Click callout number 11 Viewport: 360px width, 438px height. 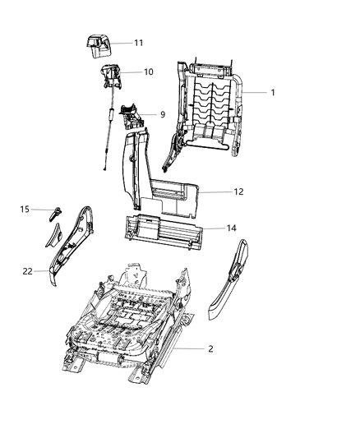click(138, 42)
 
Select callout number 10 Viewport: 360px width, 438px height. click(148, 72)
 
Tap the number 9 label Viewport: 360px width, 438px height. click(162, 113)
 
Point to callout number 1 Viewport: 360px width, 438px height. click(272, 93)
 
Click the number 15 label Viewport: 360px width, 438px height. click(25, 210)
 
